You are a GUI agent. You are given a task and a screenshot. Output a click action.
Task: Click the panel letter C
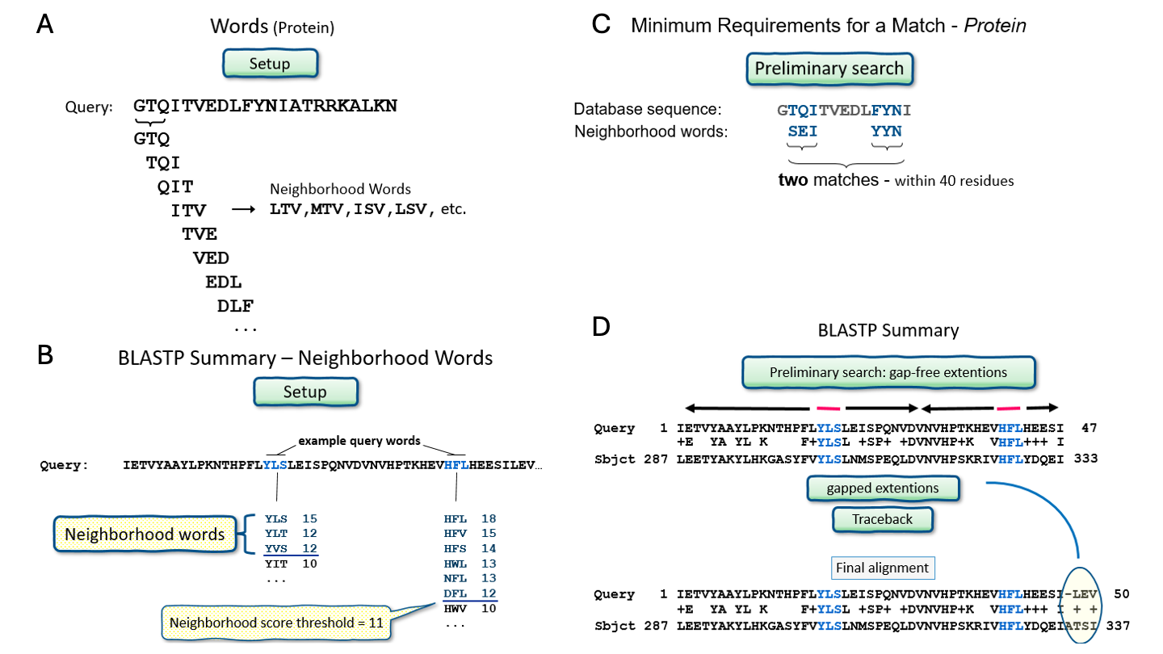(x=601, y=24)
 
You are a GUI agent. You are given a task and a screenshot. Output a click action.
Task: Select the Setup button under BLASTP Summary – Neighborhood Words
(x=304, y=392)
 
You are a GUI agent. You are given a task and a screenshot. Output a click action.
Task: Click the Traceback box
(x=882, y=519)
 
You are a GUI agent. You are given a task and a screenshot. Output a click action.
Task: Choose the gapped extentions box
(x=882, y=488)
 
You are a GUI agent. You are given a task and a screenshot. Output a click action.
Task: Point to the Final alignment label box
(x=883, y=568)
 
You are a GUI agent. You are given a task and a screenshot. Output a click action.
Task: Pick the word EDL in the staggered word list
(x=224, y=283)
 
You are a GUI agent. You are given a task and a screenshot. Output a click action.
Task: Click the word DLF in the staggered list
(x=235, y=306)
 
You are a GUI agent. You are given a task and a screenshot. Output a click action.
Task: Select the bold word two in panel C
(x=794, y=180)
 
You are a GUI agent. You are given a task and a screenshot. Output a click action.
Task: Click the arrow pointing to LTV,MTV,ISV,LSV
(x=244, y=210)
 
